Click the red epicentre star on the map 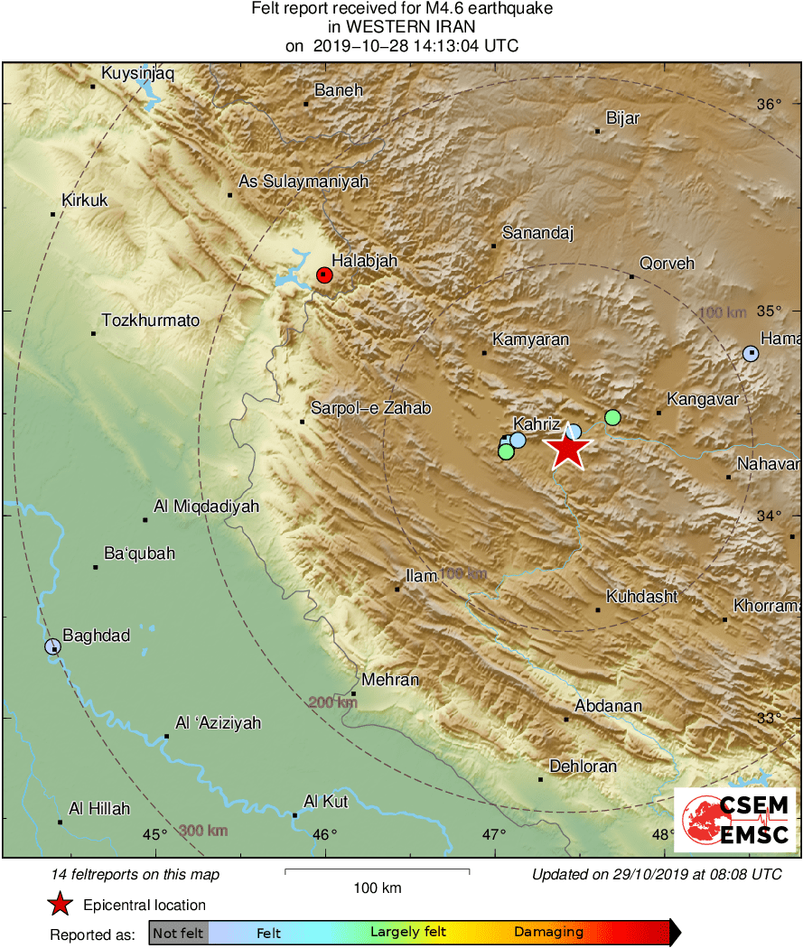(x=568, y=449)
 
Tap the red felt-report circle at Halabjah (x=325, y=275)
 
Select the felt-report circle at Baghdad (x=52, y=646)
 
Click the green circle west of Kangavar (x=612, y=417)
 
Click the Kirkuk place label (x=84, y=200)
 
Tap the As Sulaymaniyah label (x=303, y=181)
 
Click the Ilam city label (x=422, y=575)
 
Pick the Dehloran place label (x=583, y=767)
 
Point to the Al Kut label (x=326, y=802)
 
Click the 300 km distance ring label (x=202, y=832)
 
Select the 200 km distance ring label (x=331, y=702)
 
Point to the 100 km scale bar (x=377, y=871)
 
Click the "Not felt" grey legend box (x=179, y=933)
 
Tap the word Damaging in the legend (x=548, y=933)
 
